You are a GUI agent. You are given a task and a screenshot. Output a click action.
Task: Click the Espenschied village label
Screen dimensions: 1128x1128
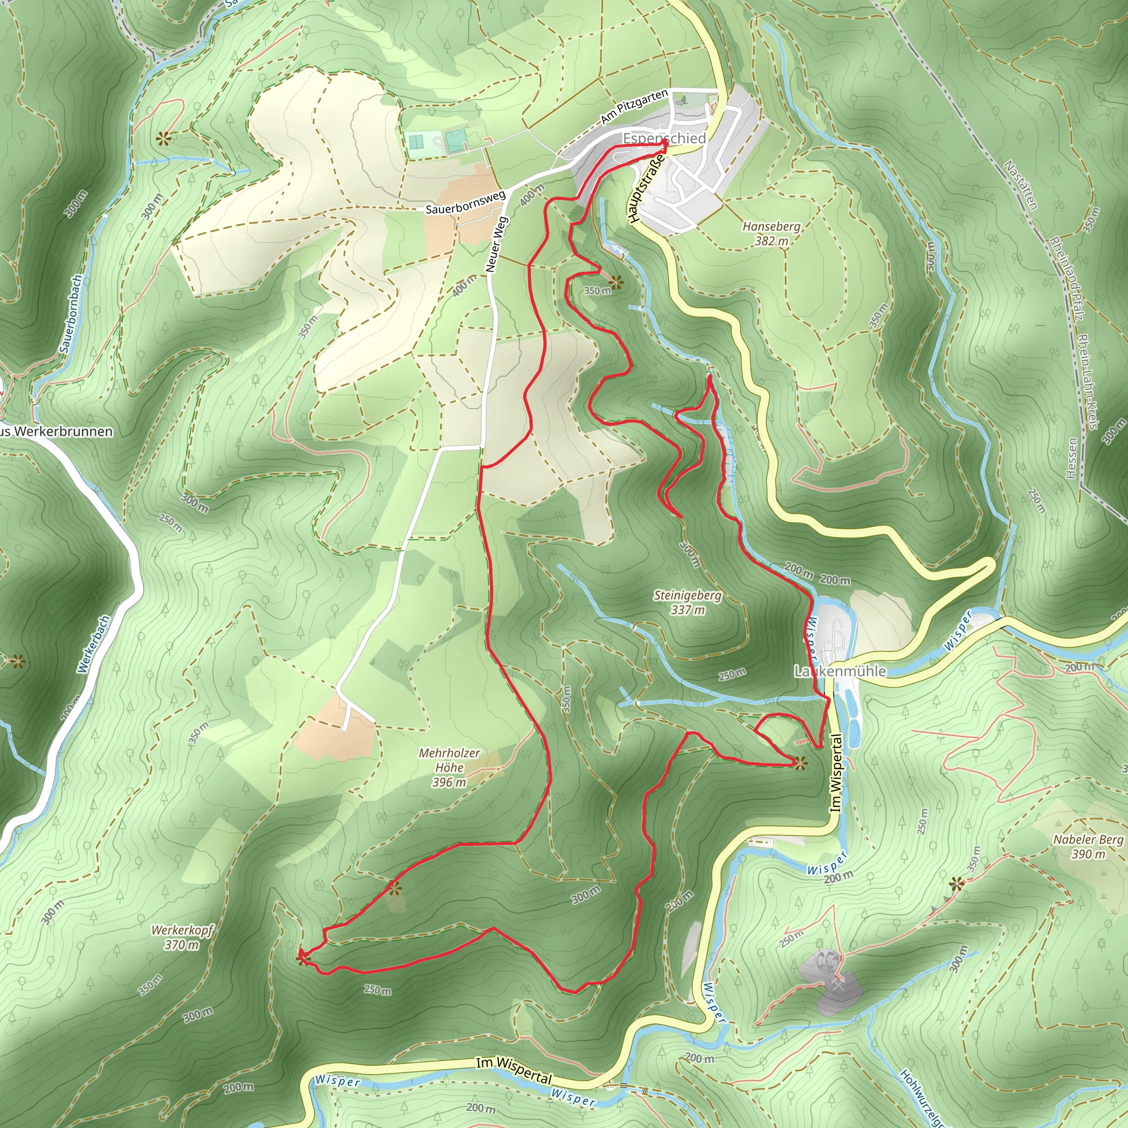[x=664, y=138]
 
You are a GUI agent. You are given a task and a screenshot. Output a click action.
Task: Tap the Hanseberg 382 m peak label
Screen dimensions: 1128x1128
[x=771, y=234]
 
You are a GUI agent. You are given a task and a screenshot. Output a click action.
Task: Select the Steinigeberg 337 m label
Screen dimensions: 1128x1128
[x=687, y=603]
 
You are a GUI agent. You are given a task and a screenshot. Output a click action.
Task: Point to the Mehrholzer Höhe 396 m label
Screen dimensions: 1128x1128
[x=449, y=767]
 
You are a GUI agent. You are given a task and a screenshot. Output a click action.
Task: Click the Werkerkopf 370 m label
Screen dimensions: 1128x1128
[x=182, y=937]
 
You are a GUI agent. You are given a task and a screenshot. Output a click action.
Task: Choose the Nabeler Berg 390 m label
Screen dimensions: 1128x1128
[x=1088, y=847]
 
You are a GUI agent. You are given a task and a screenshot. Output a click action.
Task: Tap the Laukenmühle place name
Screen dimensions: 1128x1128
[x=839, y=671]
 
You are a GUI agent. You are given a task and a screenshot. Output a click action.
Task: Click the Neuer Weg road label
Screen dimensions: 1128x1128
[x=497, y=245]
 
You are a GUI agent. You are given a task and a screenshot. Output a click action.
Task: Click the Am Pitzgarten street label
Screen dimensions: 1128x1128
[x=634, y=107]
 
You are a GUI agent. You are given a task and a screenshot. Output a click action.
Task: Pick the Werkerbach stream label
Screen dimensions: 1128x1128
[x=93, y=644]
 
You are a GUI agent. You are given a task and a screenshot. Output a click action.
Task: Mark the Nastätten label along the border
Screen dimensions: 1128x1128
[x=1020, y=185]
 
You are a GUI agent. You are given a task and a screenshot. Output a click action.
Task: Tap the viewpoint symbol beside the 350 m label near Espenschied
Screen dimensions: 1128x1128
[x=615, y=283]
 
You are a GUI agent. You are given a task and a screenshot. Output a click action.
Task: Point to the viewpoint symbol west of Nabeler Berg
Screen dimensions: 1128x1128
[x=956, y=883]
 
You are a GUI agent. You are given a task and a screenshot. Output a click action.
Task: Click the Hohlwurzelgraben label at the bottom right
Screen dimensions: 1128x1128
[x=923, y=1098]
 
